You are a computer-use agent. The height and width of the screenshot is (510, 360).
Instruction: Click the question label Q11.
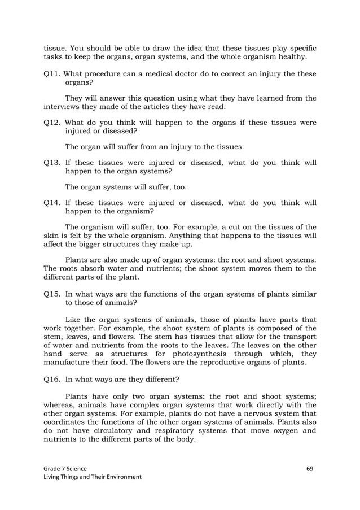pyautogui.click(x=52, y=75)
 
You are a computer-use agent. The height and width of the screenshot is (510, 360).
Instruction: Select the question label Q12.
pyautogui.click(x=52, y=123)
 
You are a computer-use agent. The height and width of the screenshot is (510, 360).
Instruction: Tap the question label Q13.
pyautogui.click(x=52, y=163)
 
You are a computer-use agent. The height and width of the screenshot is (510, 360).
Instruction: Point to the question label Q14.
pyautogui.click(x=52, y=202)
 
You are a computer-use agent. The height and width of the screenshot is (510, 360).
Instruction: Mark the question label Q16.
pyautogui.click(x=52, y=380)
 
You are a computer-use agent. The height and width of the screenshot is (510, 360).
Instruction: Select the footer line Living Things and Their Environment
pyautogui.click(x=93, y=477)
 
